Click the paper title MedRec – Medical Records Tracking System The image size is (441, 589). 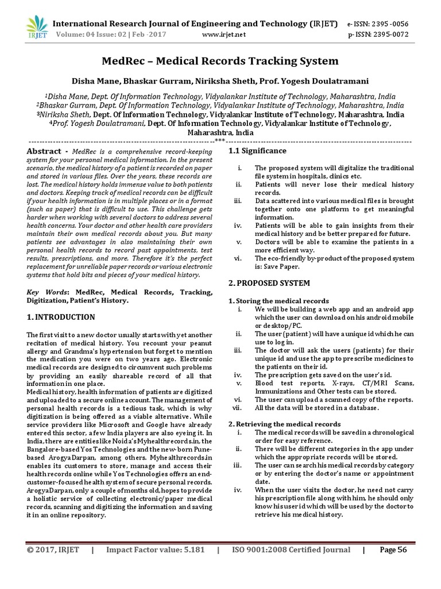(x=220, y=61)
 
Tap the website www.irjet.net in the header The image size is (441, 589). (x=224, y=35)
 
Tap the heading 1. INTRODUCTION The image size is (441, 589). (x=61, y=318)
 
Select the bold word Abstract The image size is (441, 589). (x=44, y=151)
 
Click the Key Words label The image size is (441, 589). (x=44, y=293)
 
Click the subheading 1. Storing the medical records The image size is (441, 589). (x=278, y=301)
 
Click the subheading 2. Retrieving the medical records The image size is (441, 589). (x=284, y=424)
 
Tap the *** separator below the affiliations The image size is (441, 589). (x=220, y=141)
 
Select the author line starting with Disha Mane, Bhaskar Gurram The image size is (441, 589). (x=220, y=81)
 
